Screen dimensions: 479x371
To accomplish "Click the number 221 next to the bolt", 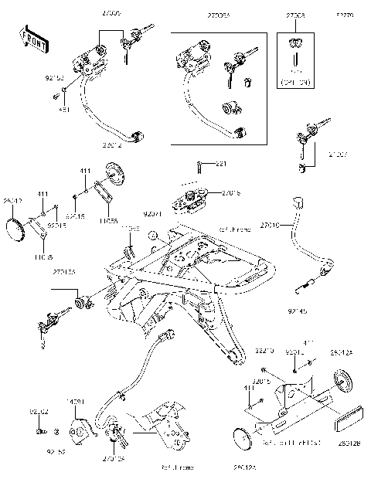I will click(221, 164).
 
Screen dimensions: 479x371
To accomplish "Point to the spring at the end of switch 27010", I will click(306, 287).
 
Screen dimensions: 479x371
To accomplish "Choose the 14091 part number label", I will click(75, 402).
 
